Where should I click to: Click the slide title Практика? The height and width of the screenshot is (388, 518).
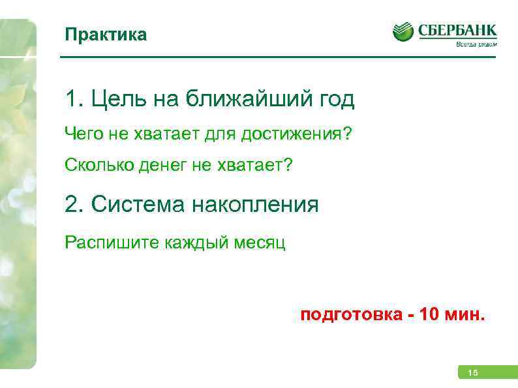pyautogui.click(x=106, y=35)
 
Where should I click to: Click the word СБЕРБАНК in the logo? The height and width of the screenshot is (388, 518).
pyautogui.click(x=457, y=29)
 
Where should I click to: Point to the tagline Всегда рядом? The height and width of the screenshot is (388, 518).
pyautogui.click(x=476, y=45)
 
